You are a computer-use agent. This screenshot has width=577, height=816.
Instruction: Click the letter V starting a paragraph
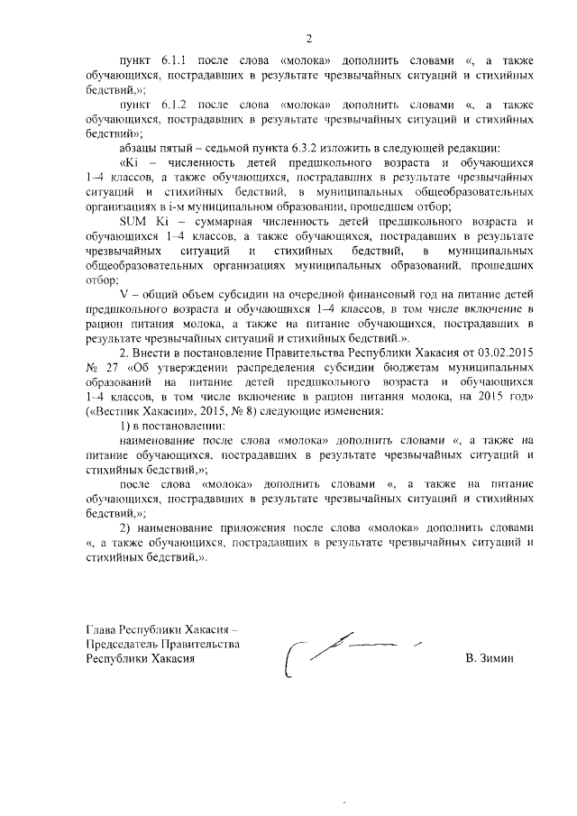[x=124, y=296]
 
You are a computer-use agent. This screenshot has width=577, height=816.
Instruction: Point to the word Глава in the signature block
[x=101, y=630]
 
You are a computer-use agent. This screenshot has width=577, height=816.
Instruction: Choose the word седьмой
[x=211, y=146]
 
